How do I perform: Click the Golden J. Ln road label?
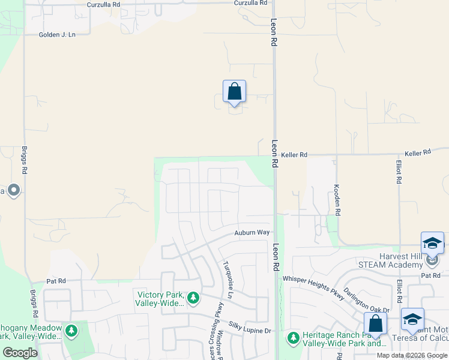[x=58, y=35]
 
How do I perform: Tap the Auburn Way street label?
[x=252, y=232]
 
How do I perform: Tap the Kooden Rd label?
[x=337, y=199]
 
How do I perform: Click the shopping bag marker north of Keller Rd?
[x=234, y=92]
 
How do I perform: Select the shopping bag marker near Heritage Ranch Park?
[x=375, y=323]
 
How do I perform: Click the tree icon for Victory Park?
[x=193, y=297]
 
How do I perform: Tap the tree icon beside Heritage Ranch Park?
[x=294, y=338]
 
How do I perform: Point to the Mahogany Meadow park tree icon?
[x=71, y=331]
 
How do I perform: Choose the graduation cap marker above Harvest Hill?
[x=432, y=243]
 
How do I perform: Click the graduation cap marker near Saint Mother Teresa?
[x=412, y=319]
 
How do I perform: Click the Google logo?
[x=20, y=353]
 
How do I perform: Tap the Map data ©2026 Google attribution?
[x=412, y=355]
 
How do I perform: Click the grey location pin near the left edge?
[x=14, y=191]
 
